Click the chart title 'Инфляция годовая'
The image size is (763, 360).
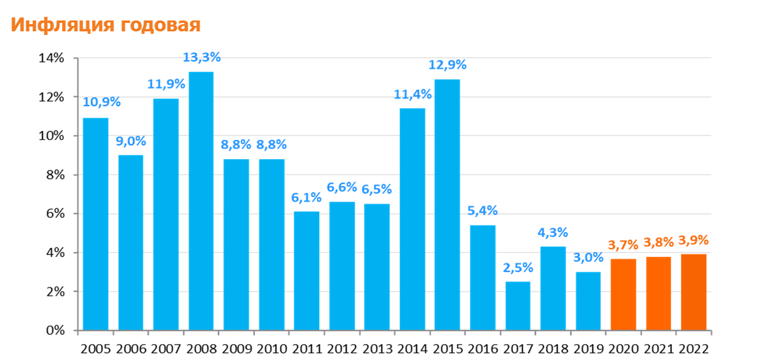tap(106, 25)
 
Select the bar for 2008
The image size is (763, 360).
tap(201, 201)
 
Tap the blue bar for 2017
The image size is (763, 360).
tap(518, 306)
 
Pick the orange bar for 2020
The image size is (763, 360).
tap(623, 294)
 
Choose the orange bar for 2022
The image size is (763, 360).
tap(693, 293)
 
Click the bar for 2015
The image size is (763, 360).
tap(447, 205)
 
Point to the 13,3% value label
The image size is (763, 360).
tap(202, 57)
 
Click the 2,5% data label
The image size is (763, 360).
tap(518, 267)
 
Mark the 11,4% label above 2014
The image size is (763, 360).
tap(412, 94)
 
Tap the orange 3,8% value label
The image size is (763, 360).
tap(658, 242)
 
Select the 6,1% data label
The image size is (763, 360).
tap(306, 197)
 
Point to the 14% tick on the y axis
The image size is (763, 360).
tap(52, 59)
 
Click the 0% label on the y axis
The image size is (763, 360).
tap(55, 331)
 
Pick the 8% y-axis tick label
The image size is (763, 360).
tap(55, 175)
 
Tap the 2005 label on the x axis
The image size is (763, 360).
tap(96, 349)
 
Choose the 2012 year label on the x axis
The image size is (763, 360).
tap(342, 349)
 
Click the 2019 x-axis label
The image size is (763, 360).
tap(588, 349)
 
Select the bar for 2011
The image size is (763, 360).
tap(306, 271)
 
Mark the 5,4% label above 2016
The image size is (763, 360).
tap(483, 211)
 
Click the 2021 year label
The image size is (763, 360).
tap(658, 349)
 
